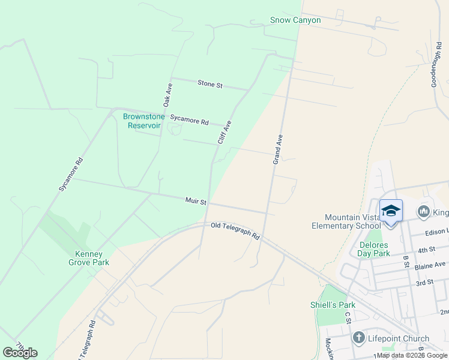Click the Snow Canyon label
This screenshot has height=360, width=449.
click(295, 20)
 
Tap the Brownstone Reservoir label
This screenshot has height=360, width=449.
click(143, 121)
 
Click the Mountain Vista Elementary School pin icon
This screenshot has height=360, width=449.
click(391, 211)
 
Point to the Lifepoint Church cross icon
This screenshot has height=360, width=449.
click(359, 338)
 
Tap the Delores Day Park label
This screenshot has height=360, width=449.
click(374, 249)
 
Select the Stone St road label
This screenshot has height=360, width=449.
click(210, 84)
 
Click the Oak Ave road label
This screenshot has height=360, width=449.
click(168, 95)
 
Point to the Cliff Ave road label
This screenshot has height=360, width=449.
click(224, 132)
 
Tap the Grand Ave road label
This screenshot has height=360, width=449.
click(277, 149)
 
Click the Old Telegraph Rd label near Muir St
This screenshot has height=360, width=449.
click(235, 230)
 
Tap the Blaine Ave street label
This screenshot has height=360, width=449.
click(432, 265)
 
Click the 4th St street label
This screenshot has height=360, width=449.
click(426, 250)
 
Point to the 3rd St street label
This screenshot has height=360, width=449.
click(425, 282)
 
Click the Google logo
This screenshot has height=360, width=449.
click(20, 353)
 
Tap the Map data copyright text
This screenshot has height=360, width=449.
click(412, 355)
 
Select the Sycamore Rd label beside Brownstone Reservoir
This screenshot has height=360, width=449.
click(188, 120)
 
